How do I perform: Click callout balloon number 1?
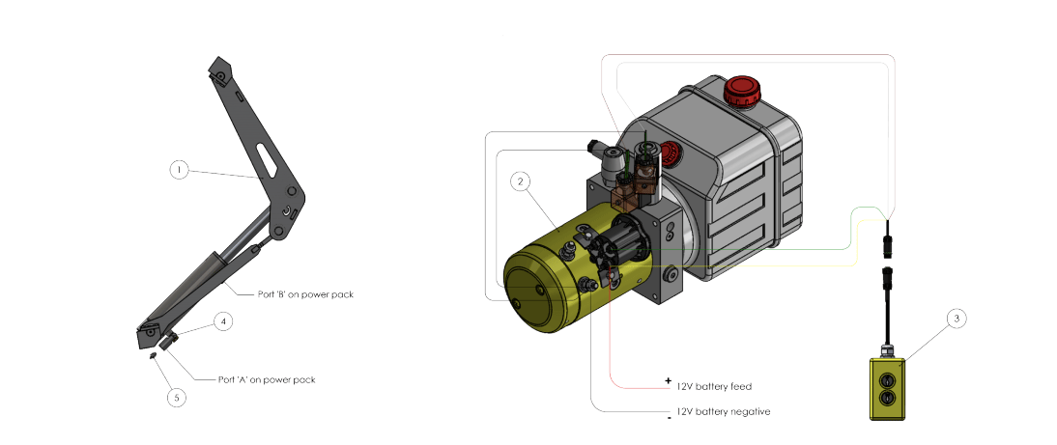click(179, 171)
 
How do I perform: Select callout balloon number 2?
click(520, 181)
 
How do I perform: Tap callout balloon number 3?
click(957, 319)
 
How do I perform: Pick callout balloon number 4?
click(223, 321)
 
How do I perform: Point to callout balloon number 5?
click(177, 397)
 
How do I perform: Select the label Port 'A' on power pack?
click(267, 379)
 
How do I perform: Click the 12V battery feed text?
click(714, 386)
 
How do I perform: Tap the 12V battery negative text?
click(723, 411)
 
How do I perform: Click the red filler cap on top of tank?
click(742, 92)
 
